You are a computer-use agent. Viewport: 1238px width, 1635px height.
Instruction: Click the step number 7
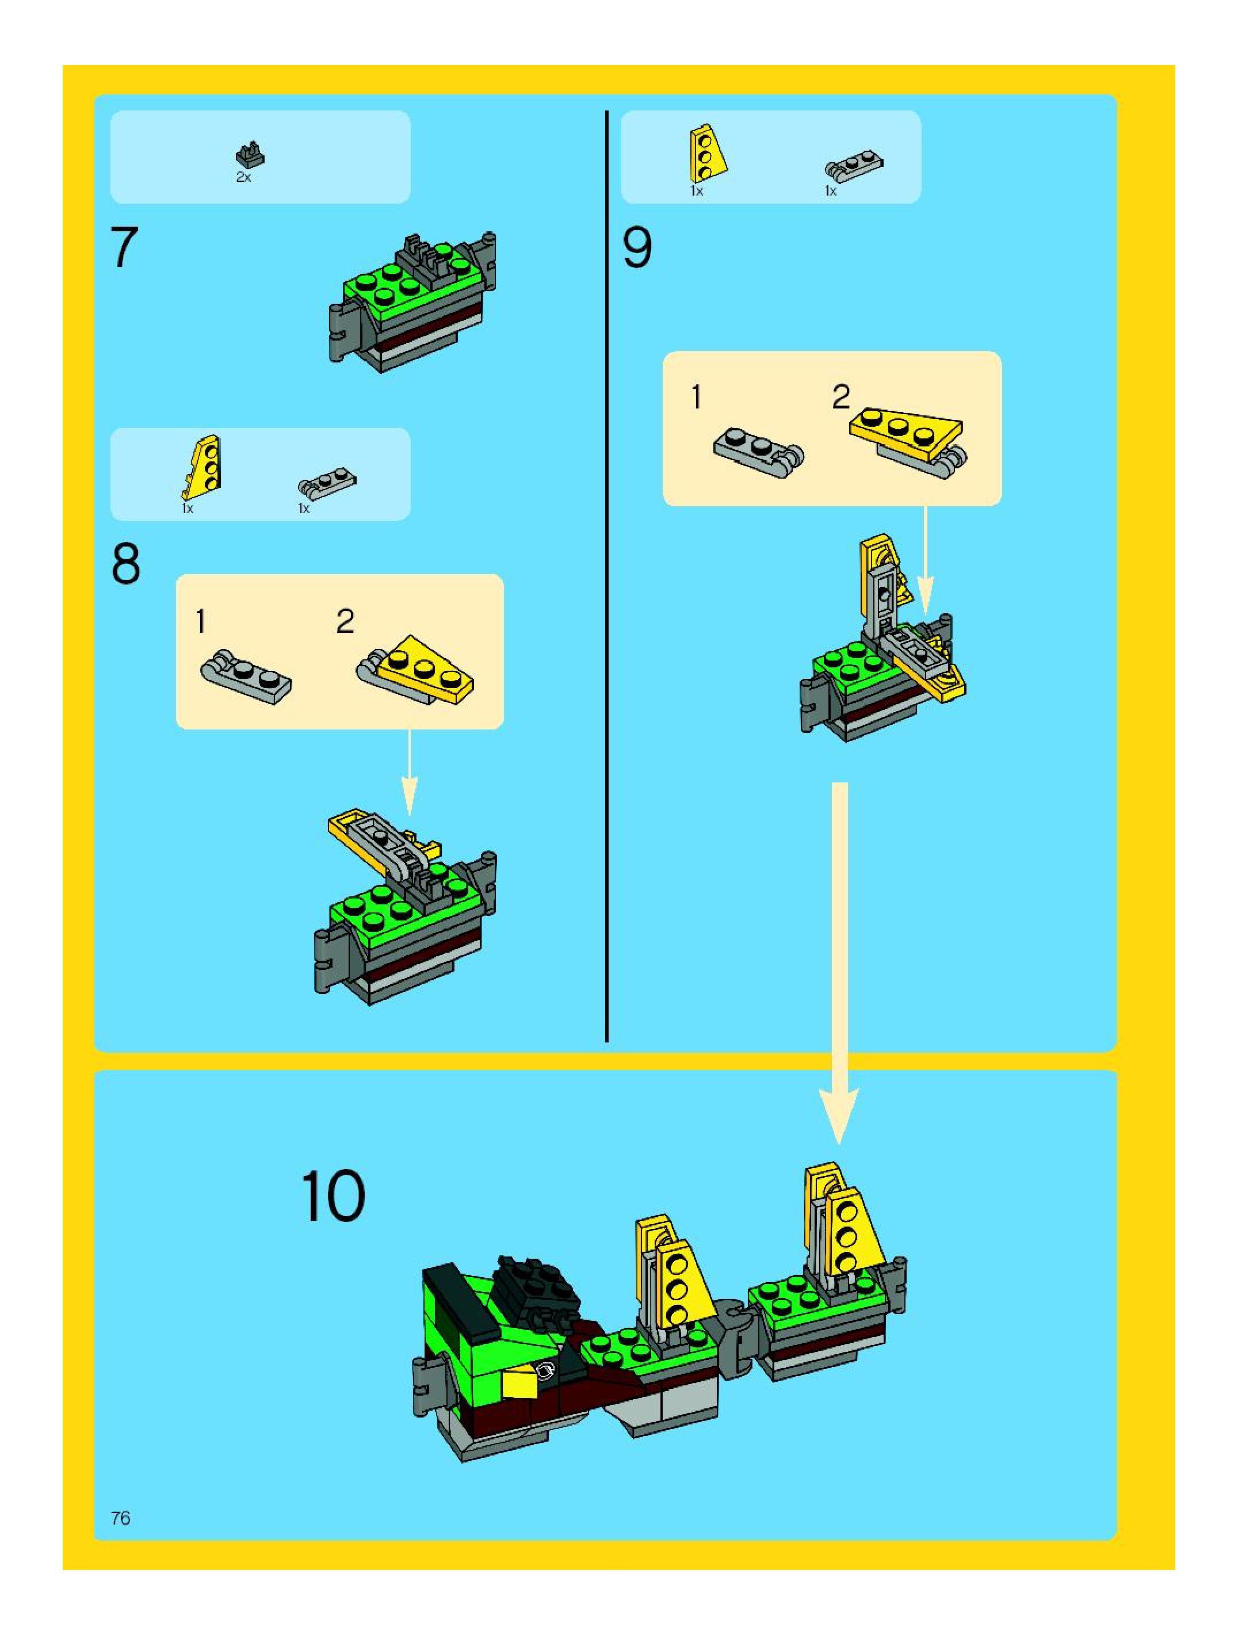click(124, 247)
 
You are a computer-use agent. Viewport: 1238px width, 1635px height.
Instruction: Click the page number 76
click(120, 1518)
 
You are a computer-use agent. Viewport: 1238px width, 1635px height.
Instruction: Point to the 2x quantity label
click(244, 177)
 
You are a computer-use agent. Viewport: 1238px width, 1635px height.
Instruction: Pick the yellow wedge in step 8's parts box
click(202, 467)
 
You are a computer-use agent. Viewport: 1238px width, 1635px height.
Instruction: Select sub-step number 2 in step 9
click(841, 397)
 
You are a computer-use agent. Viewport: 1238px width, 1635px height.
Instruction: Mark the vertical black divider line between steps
click(607, 576)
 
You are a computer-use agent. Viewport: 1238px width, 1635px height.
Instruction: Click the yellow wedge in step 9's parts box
click(706, 154)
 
